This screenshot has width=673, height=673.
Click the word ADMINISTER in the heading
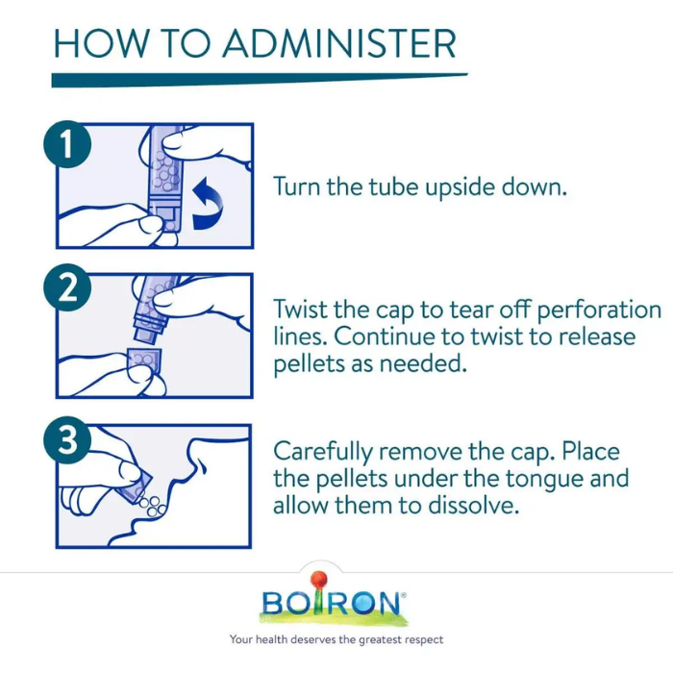(x=338, y=43)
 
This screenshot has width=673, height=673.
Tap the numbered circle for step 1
(x=67, y=144)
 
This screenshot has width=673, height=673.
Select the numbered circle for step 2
(x=67, y=287)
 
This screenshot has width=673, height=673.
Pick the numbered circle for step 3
(x=67, y=440)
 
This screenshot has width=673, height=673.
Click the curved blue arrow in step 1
(x=209, y=203)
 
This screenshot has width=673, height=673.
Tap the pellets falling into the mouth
(x=152, y=505)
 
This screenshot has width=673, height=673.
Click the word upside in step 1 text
(x=460, y=187)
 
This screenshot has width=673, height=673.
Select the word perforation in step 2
(x=599, y=310)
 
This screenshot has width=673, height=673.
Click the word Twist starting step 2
(x=300, y=309)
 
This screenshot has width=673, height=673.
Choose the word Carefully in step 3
(x=323, y=453)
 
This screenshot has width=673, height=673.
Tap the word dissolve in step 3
(x=473, y=505)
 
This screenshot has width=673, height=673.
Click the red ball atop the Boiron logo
(x=318, y=579)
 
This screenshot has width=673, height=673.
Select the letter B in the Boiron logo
(x=272, y=603)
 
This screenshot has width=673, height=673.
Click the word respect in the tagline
(x=424, y=640)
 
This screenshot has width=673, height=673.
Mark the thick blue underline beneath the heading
(x=260, y=80)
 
